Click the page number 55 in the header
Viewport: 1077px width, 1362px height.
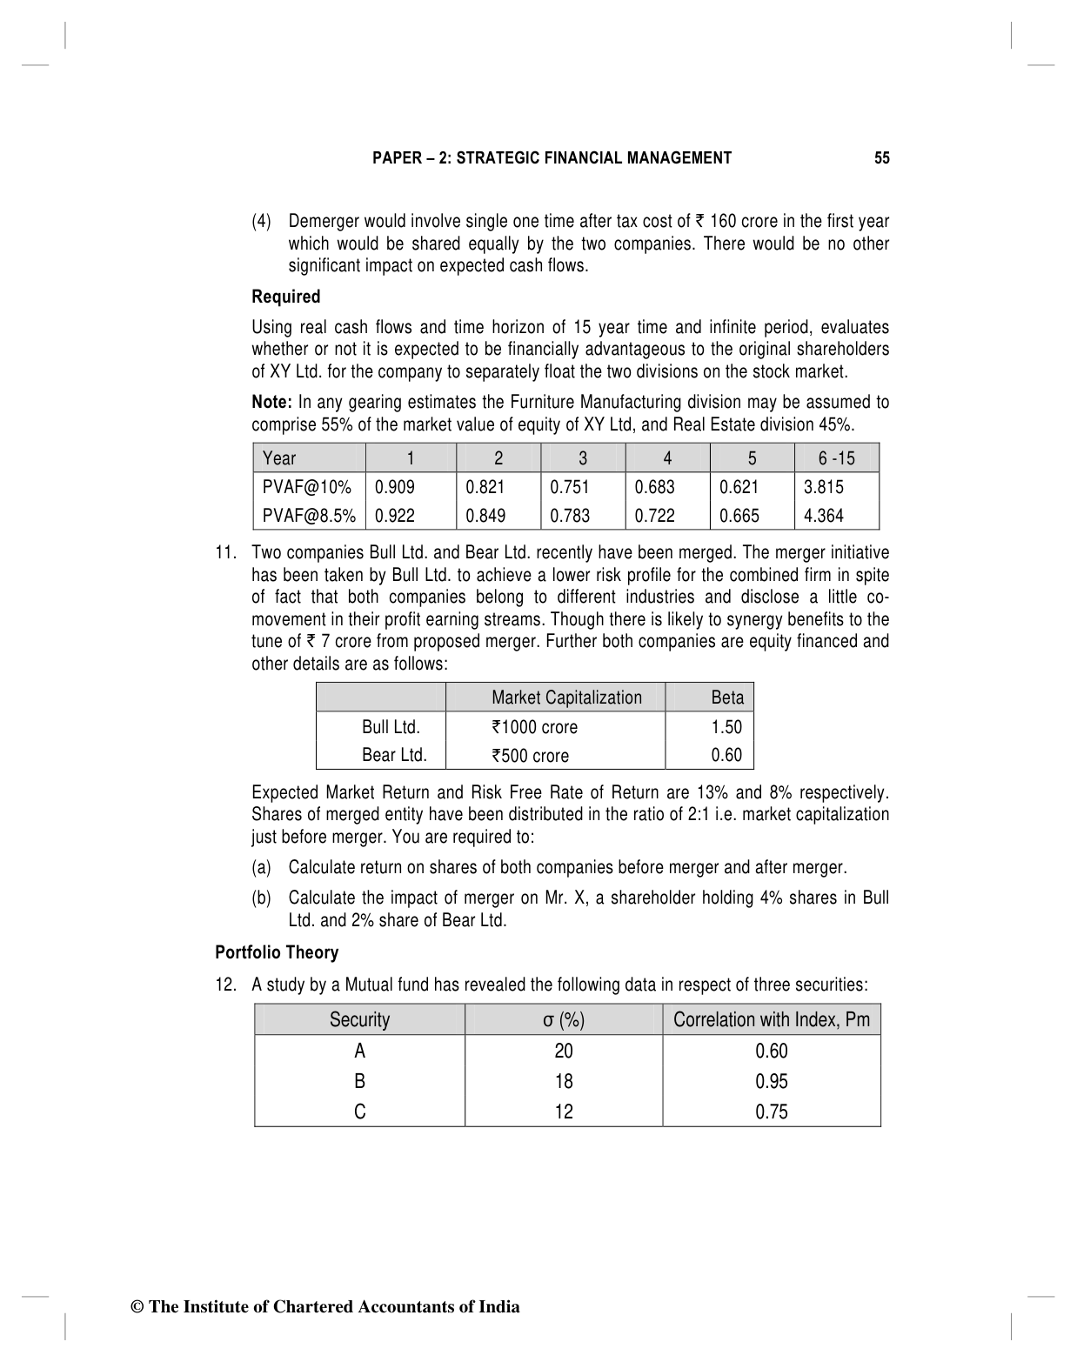click(881, 158)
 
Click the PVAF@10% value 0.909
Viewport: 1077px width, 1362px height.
click(395, 487)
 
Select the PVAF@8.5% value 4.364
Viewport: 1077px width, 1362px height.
click(823, 516)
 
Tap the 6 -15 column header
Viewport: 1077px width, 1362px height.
click(836, 458)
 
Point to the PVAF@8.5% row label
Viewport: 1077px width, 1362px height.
click(309, 516)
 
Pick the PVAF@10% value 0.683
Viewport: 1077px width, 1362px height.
click(654, 487)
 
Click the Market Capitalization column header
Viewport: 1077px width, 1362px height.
click(566, 698)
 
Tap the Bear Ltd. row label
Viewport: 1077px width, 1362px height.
click(394, 755)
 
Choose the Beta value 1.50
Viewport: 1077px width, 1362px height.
click(726, 727)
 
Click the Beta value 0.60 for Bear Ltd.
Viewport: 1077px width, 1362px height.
click(726, 755)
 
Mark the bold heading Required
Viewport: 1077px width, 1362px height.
click(285, 297)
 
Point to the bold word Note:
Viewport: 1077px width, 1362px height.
click(271, 402)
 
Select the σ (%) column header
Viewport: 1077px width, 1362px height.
click(564, 1019)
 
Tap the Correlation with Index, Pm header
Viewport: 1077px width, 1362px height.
click(772, 1019)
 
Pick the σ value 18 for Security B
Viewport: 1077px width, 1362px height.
click(564, 1081)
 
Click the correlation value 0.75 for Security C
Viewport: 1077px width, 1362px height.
click(772, 1112)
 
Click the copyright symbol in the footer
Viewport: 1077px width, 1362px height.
click(137, 1307)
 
